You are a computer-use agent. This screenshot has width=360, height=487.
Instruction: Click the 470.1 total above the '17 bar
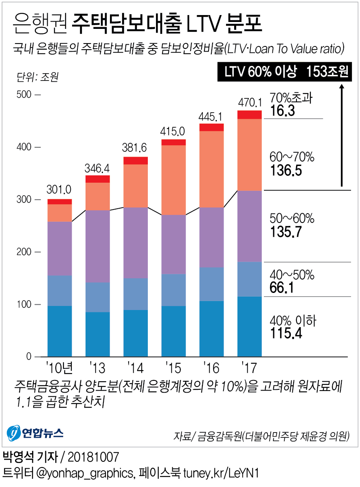coord(249,101)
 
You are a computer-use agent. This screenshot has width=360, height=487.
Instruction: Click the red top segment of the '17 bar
coord(249,115)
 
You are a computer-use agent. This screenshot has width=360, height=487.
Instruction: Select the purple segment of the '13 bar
coord(97,246)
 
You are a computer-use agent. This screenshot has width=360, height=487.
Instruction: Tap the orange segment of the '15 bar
coord(173,180)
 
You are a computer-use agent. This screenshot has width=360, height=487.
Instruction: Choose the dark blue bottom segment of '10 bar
coord(59,331)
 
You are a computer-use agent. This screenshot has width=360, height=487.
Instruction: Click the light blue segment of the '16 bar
coord(211,284)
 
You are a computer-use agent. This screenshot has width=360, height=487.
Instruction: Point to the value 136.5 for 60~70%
coord(286,170)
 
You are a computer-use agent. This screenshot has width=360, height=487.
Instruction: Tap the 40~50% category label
coord(292,275)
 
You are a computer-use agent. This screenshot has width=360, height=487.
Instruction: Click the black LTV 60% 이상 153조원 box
coord(285,72)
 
